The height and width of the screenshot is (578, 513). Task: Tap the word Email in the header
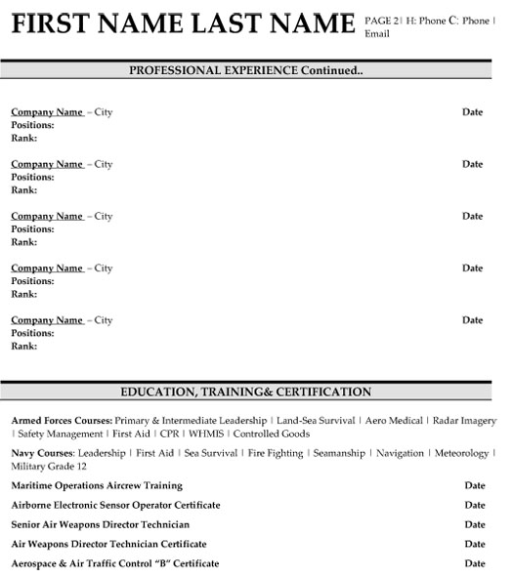(x=376, y=33)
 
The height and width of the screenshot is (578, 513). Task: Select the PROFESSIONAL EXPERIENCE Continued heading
(x=246, y=70)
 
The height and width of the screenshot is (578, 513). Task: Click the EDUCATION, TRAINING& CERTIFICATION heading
(x=245, y=392)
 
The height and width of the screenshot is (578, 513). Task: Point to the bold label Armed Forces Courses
(x=54, y=420)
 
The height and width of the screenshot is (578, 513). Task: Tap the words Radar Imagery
(x=464, y=420)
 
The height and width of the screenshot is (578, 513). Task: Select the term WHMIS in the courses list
(x=206, y=433)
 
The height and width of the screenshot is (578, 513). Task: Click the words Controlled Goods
(x=274, y=433)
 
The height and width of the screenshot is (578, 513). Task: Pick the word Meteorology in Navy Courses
(x=461, y=454)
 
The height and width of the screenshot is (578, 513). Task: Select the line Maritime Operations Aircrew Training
(x=97, y=485)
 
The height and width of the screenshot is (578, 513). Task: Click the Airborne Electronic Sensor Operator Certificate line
(x=115, y=505)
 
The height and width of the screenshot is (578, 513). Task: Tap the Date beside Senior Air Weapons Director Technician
(x=474, y=524)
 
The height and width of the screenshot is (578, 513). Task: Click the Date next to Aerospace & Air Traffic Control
(x=474, y=563)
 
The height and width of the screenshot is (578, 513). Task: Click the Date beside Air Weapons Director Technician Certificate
(x=474, y=544)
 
